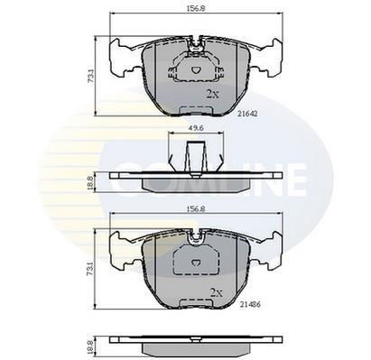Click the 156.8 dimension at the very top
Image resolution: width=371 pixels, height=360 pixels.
pyautogui.click(x=196, y=9)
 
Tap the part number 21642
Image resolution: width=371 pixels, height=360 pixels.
pyautogui.click(x=247, y=114)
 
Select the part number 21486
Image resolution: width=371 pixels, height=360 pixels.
pyautogui.click(x=250, y=305)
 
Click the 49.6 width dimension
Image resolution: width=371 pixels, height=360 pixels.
pyautogui.click(x=196, y=128)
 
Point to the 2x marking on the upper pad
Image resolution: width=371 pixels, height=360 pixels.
pyautogui.click(x=213, y=95)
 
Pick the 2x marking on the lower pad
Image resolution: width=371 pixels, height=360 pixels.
pyautogui.click(x=217, y=292)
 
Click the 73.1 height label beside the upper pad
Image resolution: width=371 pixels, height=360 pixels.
pyautogui.click(x=90, y=76)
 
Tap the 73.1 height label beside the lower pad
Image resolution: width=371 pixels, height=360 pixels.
pyautogui.click(x=89, y=269)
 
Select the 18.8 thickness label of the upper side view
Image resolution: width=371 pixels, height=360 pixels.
pyautogui.click(x=89, y=182)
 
